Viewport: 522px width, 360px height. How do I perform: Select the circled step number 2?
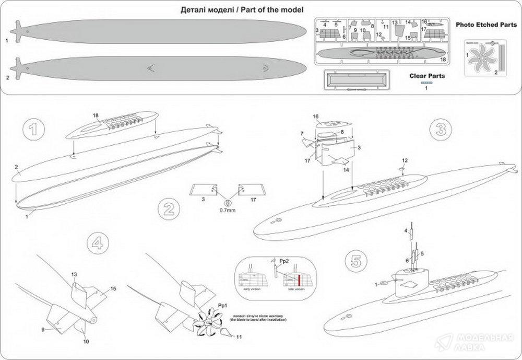click(x=167, y=210)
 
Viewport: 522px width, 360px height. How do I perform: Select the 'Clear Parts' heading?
click(x=427, y=76)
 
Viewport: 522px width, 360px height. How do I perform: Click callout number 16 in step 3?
click(x=315, y=116)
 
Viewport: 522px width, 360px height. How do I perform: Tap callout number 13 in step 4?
click(x=74, y=274)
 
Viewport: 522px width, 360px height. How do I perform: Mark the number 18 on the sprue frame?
click(x=442, y=60)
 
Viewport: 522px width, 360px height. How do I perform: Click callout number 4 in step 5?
click(x=405, y=230)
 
